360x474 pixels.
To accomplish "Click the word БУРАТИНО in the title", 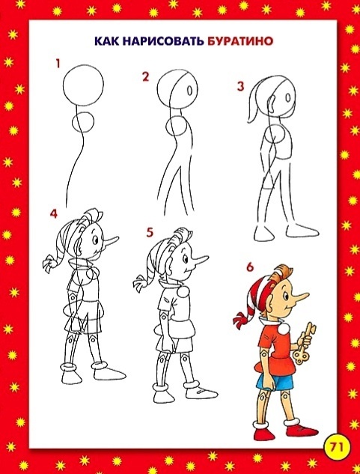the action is [x=240, y=40].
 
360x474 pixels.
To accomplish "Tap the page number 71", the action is [x=336, y=447].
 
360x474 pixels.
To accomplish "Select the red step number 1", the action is [x=58, y=64].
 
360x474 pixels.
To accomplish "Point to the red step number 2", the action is [x=146, y=76].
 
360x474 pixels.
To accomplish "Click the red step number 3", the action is [x=240, y=86].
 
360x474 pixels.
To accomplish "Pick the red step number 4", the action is [x=53, y=213].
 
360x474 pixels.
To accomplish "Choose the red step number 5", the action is [x=150, y=232].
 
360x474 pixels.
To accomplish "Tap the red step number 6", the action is [x=250, y=267].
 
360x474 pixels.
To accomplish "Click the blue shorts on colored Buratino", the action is [x=275, y=381].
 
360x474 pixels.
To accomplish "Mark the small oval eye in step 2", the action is [x=190, y=91].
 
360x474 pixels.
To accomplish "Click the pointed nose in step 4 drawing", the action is [x=111, y=240].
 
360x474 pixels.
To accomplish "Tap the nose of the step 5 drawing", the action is [x=200, y=259].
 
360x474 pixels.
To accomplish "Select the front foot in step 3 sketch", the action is [x=302, y=231].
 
